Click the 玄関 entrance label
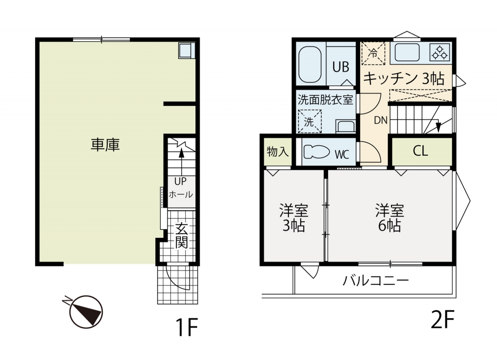(x=181, y=235)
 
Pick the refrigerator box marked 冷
(x=373, y=53)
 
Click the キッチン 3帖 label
(x=404, y=79)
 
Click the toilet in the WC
(x=317, y=152)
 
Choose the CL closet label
(x=420, y=151)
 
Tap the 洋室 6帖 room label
(x=390, y=218)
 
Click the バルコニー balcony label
(x=375, y=281)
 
